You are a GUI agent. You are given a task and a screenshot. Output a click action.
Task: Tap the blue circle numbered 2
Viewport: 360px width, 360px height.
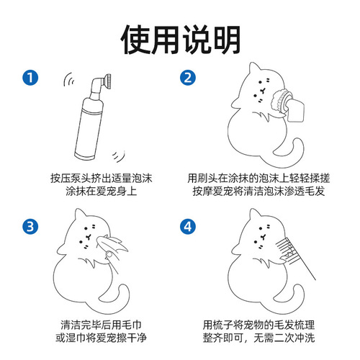click(186, 77)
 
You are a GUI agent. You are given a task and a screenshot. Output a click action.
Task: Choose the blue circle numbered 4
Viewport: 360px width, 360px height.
click(186, 227)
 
